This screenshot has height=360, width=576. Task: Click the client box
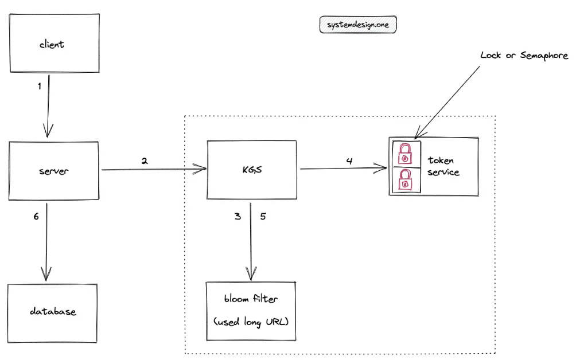(55, 44)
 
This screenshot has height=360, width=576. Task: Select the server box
(53, 171)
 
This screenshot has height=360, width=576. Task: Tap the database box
(53, 313)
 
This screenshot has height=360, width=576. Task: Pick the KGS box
(252, 170)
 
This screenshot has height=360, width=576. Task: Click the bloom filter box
(251, 311)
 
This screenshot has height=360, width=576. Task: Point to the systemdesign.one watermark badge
(358, 25)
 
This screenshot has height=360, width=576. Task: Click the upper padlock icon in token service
(405, 154)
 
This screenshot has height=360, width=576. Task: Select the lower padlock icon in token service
(405, 180)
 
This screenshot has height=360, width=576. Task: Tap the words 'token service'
(443, 166)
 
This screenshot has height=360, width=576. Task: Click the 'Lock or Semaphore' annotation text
(524, 56)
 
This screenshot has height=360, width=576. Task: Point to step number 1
(40, 86)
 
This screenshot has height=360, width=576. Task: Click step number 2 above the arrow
(145, 161)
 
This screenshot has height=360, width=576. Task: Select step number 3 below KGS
(238, 216)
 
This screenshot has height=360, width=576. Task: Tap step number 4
(349, 161)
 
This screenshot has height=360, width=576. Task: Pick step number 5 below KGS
(263, 216)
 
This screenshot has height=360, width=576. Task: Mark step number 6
(36, 217)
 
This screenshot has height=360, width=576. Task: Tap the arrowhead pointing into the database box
(46, 275)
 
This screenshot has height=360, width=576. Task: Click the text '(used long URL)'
(251, 322)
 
